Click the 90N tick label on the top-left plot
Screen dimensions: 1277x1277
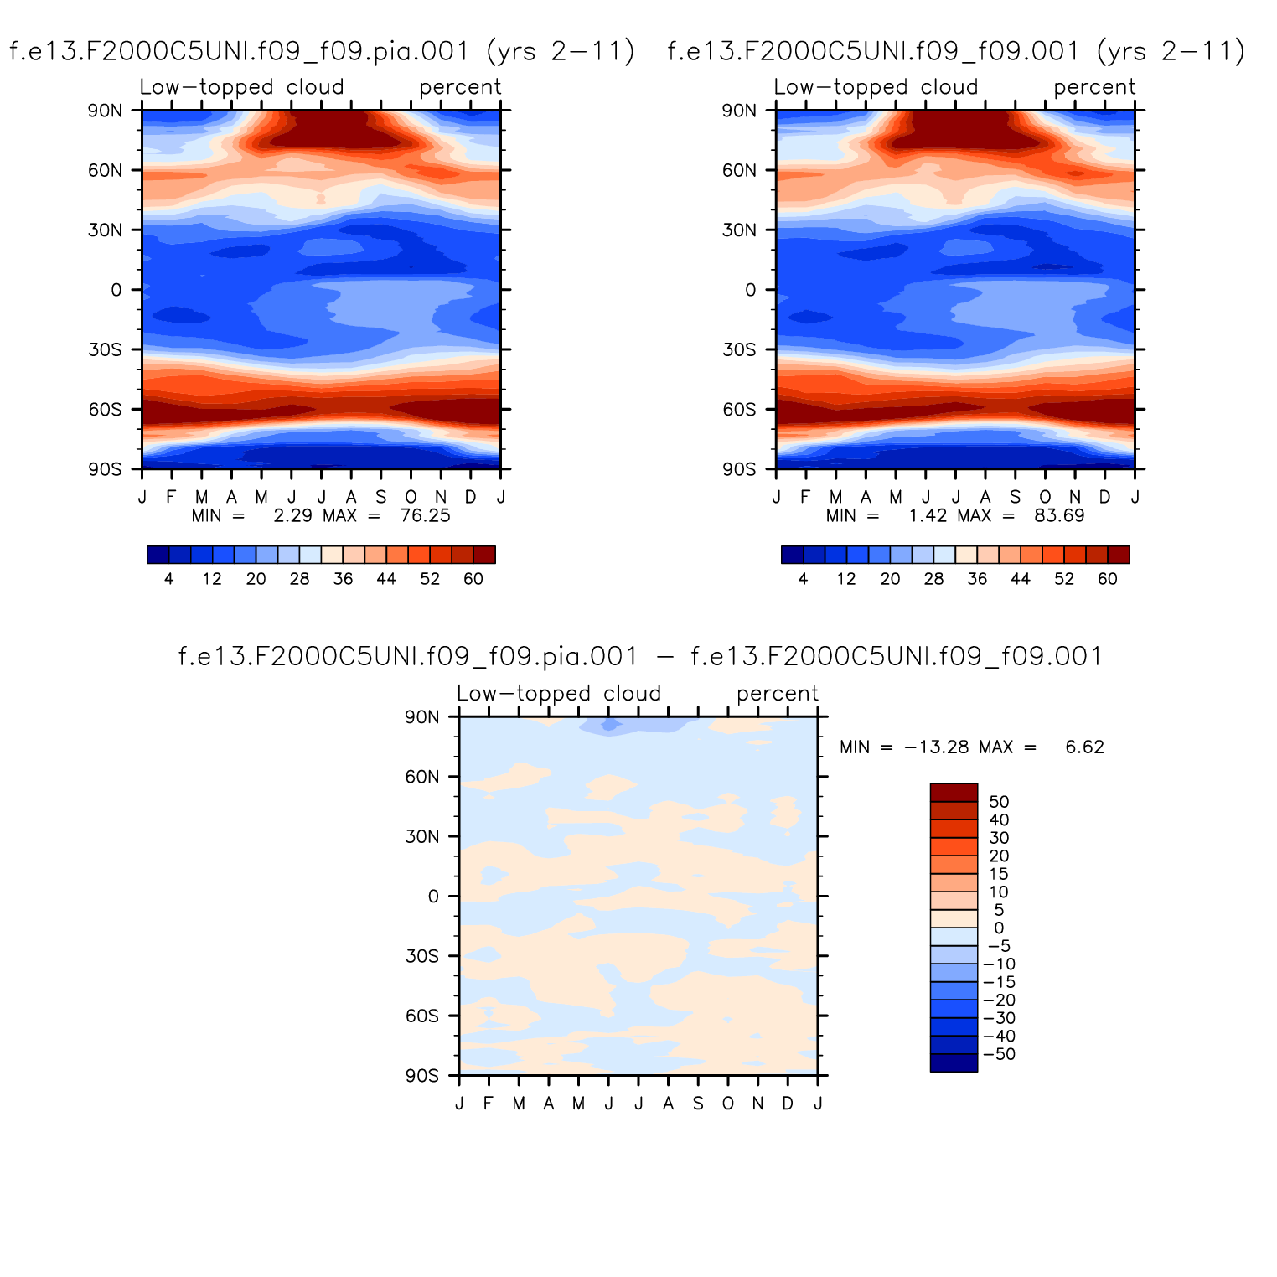(x=105, y=111)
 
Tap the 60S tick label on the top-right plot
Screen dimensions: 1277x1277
(x=739, y=410)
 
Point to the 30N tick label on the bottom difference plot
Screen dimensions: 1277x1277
(x=422, y=836)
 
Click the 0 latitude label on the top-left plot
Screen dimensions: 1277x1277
(x=116, y=290)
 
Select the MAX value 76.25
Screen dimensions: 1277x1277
(x=425, y=515)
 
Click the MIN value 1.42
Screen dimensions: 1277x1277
(x=928, y=515)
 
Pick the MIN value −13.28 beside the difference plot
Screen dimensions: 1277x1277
(x=938, y=747)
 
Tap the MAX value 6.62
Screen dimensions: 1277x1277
(x=1084, y=747)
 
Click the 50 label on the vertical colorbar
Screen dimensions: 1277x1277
(x=999, y=802)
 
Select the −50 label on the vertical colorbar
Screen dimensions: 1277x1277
(x=999, y=1054)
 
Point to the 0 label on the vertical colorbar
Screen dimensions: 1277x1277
(x=999, y=928)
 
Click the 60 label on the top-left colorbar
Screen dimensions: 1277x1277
(x=473, y=579)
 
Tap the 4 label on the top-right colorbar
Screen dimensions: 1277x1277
(x=803, y=579)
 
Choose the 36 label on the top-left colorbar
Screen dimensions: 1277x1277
(x=343, y=579)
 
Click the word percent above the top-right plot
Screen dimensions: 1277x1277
(x=1094, y=87)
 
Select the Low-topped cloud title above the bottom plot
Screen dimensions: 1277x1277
(x=559, y=694)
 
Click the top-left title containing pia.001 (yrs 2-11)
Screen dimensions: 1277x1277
(x=322, y=52)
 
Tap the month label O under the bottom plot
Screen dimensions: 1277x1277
(x=727, y=1104)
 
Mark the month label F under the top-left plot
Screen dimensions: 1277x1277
(x=171, y=497)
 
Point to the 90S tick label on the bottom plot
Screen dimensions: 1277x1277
(x=421, y=1076)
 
